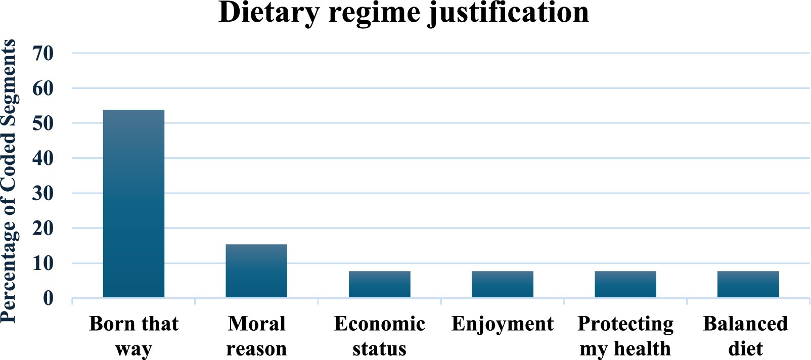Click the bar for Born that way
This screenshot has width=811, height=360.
[x=133, y=203]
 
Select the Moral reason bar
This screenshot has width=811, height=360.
[x=256, y=271]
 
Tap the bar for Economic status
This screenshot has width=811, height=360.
[x=379, y=284]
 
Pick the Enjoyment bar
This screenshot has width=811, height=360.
[x=502, y=284]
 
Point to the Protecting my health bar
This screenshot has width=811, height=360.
[x=625, y=284]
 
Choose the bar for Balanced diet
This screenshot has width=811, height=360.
[x=748, y=284]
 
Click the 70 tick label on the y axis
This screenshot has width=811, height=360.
[x=43, y=53]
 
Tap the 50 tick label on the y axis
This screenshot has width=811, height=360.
[x=43, y=123]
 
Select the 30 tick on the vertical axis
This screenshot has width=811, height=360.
[x=43, y=193]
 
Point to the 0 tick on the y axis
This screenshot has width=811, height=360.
[x=48, y=298]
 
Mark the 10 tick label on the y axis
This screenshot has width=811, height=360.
[x=43, y=263]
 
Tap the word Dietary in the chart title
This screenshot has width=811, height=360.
[x=269, y=13]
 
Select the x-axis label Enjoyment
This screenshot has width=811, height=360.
[x=502, y=324]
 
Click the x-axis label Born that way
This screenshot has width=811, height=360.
[x=133, y=336]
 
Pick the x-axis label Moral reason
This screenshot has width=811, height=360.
[x=256, y=336]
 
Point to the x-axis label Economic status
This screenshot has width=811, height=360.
[x=379, y=336]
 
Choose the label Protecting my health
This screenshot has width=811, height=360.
[x=625, y=336]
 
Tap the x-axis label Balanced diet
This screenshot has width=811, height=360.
[x=745, y=336]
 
